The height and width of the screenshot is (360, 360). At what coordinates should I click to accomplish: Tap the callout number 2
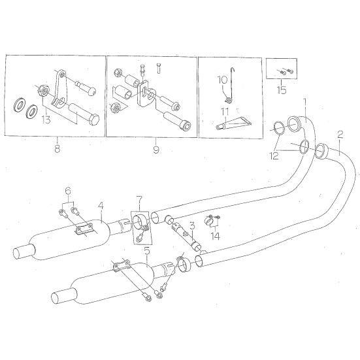pos(340,135)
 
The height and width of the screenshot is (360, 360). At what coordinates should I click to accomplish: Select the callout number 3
pos(192,226)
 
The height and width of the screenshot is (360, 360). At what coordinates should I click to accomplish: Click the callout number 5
pos(147,251)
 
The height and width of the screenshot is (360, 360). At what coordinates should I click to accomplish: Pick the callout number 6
pos(68,191)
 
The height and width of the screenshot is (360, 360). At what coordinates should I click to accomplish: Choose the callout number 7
pos(140,200)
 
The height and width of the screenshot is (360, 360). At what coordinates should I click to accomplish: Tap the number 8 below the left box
pos(57,148)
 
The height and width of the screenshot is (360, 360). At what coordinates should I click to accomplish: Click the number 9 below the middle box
pos(156,150)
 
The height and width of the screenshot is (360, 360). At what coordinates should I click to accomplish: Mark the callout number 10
pos(222,80)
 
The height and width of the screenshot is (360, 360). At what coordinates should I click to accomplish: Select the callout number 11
pos(225,112)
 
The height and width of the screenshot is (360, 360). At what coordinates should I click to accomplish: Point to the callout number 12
pos(274,156)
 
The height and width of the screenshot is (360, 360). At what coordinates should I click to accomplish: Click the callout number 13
pos(46,120)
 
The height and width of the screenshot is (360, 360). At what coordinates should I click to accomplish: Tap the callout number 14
pos(216,236)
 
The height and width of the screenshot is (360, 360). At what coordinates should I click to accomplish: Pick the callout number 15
pos(282,90)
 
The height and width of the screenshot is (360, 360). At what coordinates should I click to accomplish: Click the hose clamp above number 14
pos(208,220)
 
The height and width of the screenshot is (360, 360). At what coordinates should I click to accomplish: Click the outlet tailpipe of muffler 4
pos(24,252)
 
